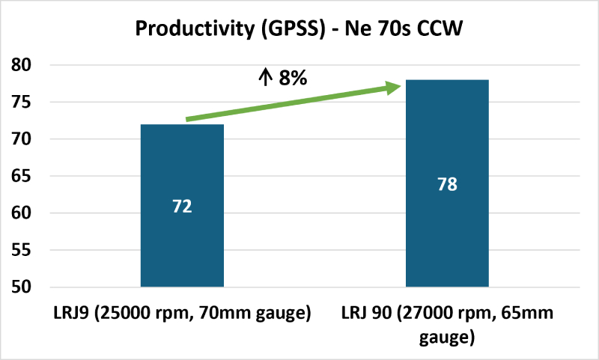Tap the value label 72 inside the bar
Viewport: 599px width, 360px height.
pyautogui.click(x=182, y=206)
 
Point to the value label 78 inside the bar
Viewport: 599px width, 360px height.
pyautogui.click(x=447, y=183)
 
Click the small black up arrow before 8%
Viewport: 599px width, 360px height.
pyautogui.click(x=265, y=78)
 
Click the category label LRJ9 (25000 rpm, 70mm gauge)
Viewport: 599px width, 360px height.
pyautogui.click(x=182, y=313)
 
